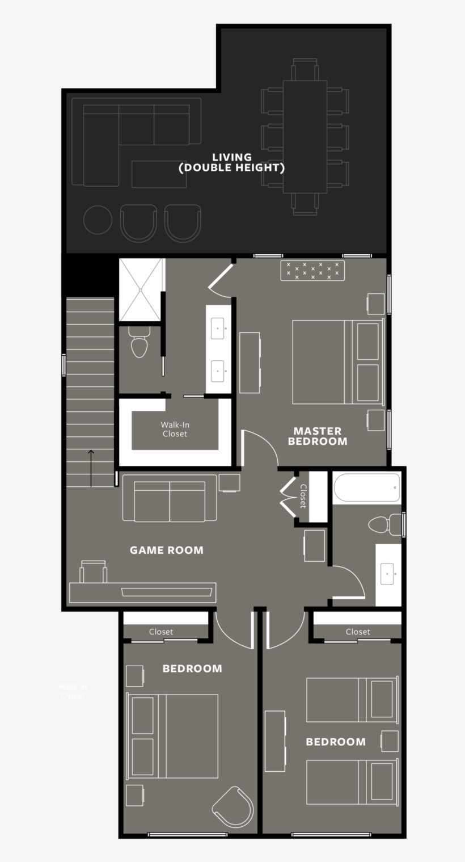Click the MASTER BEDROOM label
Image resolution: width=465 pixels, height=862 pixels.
coord(317,436)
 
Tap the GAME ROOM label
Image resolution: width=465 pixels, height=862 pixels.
coord(166,549)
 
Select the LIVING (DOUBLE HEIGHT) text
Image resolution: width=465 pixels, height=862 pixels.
coord(231,162)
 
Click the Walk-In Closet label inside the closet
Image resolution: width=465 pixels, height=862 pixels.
coord(174,429)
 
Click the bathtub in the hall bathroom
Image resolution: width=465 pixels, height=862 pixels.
coord(366,487)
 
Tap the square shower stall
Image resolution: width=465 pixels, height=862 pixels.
coord(140,289)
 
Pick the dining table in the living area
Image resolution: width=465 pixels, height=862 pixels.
coord(305,137)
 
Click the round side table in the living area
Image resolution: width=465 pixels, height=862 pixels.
coord(98,220)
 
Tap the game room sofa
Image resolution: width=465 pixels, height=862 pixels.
coord(170,500)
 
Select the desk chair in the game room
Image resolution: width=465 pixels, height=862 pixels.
coord(93,571)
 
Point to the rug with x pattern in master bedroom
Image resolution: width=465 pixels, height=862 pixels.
coord(313,270)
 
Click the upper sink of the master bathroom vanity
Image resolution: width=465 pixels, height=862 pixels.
coord(218,329)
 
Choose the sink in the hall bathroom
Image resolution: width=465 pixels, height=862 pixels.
coord(388,574)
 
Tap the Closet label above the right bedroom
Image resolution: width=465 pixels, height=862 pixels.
coord(358,632)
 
